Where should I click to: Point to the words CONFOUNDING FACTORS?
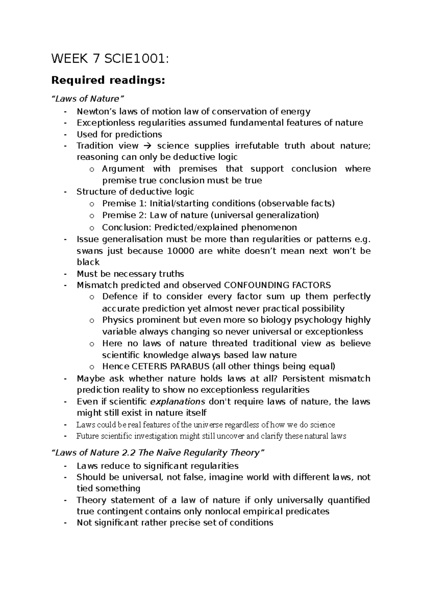click(x=277, y=285)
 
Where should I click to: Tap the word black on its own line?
click(x=88, y=262)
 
